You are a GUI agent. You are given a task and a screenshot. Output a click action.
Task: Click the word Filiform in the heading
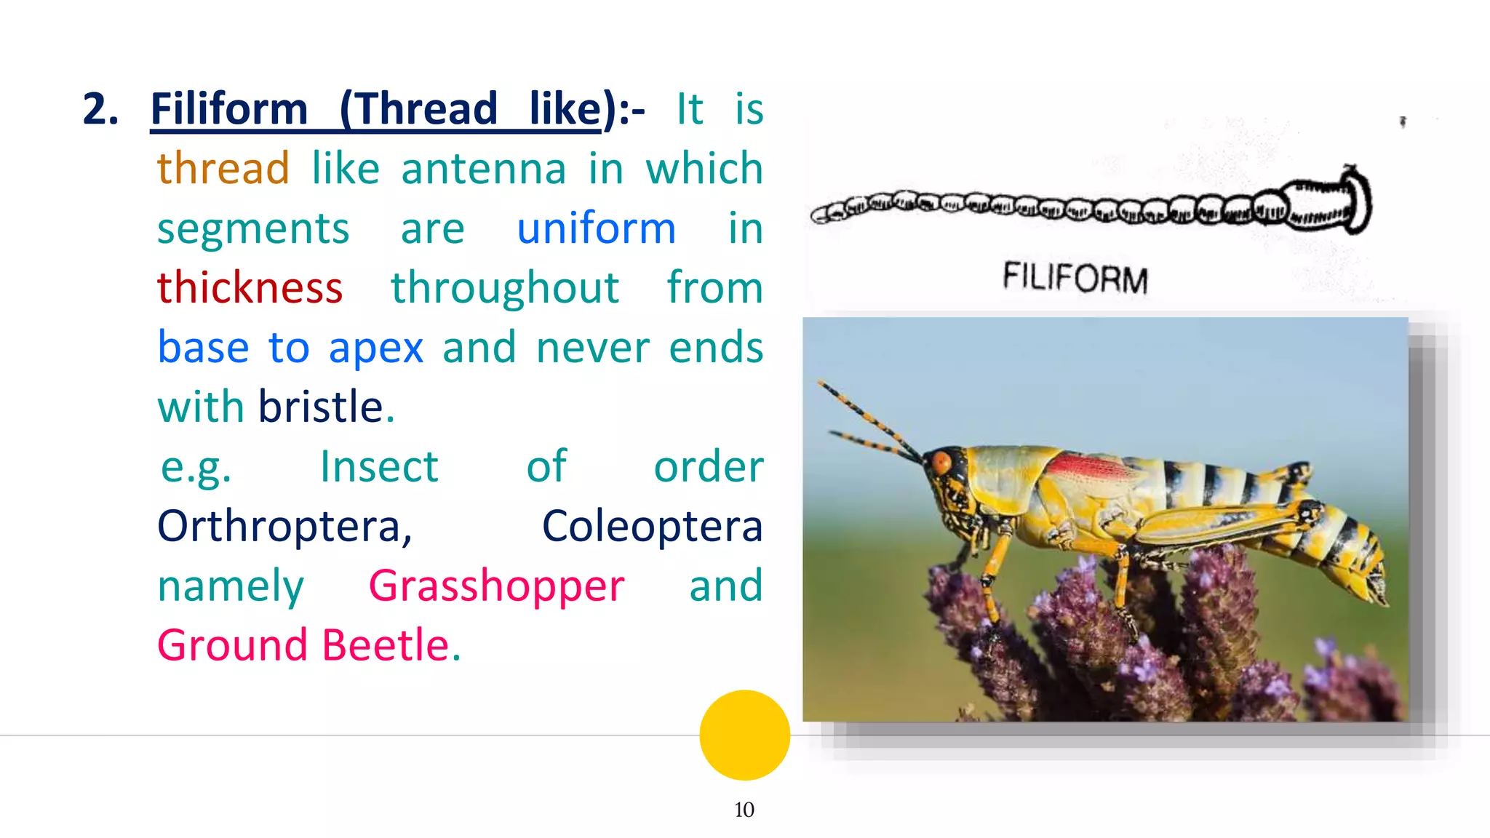[x=228, y=109]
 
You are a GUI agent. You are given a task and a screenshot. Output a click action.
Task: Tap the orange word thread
[x=223, y=169]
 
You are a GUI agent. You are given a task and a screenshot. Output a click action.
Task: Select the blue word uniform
[x=596, y=228]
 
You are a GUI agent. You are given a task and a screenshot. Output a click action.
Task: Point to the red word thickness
[x=250, y=288]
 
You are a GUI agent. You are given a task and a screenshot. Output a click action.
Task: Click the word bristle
[x=321, y=407]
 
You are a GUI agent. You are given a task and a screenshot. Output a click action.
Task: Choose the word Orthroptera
[x=284, y=526]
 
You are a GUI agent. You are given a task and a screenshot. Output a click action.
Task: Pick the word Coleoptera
[x=652, y=526]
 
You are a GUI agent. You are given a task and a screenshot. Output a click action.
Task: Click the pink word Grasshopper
[x=496, y=586]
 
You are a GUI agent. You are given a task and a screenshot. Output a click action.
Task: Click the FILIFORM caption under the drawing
[x=1075, y=279]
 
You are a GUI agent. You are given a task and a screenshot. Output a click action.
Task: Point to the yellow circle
[x=744, y=735]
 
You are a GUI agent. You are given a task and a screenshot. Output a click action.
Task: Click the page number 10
[x=744, y=810]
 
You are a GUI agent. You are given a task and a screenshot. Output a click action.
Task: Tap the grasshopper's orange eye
[x=941, y=462]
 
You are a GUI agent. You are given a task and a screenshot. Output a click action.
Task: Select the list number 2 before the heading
[x=100, y=109]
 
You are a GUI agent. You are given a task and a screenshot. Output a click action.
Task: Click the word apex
[x=375, y=348]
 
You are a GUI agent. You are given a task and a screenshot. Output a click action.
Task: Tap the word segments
[x=253, y=228]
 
